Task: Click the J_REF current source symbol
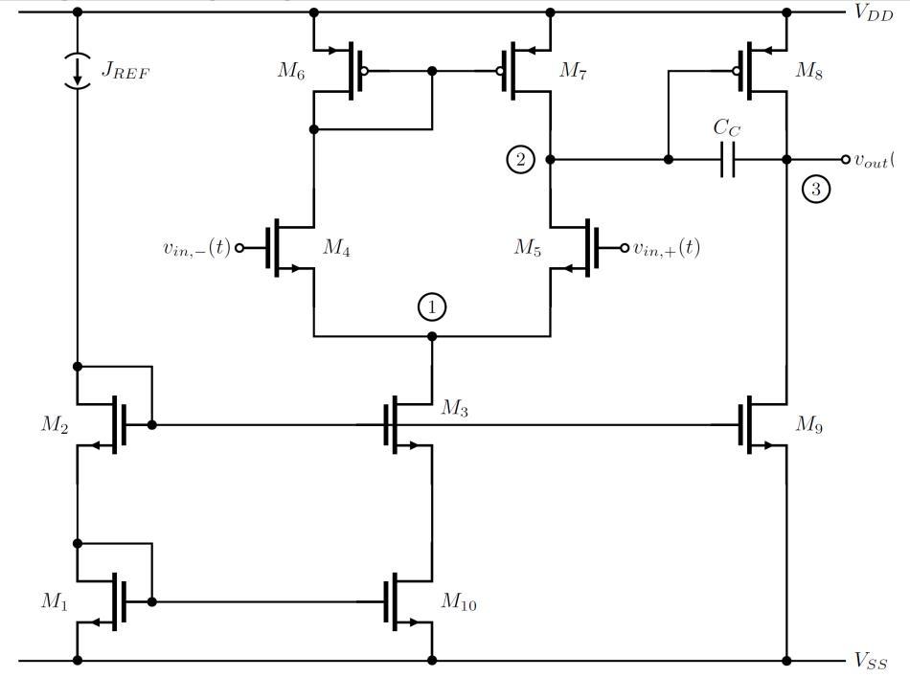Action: tap(78, 70)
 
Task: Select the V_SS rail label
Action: tap(872, 661)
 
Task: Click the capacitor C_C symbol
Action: tap(727, 160)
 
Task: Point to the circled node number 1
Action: tap(432, 306)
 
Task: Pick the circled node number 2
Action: tap(520, 160)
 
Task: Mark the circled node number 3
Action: tap(815, 189)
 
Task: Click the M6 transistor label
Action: tap(293, 70)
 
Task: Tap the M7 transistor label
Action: tap(574, 70)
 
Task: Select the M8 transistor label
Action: tap(809, 70)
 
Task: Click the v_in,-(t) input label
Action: tap(196, 248)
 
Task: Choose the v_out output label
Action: tap(873, 160)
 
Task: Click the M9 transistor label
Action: tap(809, 424)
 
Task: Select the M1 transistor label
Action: tap(54, 601)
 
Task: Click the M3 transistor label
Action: tap(453, 409)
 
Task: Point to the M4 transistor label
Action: tap(335, 248)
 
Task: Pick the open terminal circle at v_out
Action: tap(845, 160)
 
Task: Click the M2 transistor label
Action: tap(54, 424)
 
